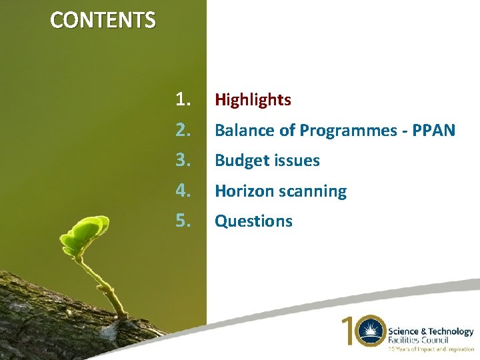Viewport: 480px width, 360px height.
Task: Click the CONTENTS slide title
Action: tap(103, 21)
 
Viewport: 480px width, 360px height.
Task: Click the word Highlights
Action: tap(253, 100)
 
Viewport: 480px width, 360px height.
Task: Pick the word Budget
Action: tap(238, 161)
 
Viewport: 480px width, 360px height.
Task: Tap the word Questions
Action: tap(253, 221)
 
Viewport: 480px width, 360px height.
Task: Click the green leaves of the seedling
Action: tap(83, 233)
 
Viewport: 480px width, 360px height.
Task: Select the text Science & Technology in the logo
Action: tap(431, 331)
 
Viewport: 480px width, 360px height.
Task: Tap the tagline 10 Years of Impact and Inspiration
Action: tap(431, 349)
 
